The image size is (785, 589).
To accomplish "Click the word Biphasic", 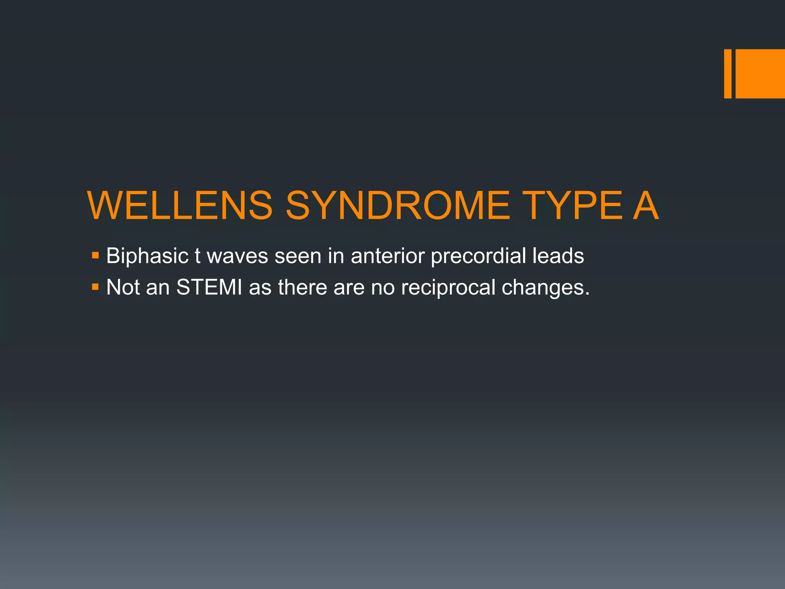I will click(x=147, y=256).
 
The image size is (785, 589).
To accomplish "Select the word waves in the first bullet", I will click(x=237, y=256).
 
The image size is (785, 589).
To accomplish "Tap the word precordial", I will click(x=478, y=256).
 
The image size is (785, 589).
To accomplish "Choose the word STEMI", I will click(x=209, y=287).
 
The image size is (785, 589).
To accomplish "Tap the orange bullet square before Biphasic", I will click(x=95, y=255).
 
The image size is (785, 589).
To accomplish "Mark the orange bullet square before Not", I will click(x=95, y=286).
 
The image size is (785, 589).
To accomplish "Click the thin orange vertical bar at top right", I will click(x=728, y=74).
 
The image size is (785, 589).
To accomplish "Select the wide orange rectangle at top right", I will click(x=760, y=74).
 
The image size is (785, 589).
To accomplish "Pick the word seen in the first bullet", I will click(x=298, y=256).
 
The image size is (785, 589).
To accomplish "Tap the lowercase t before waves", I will click(x=197, y=256).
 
